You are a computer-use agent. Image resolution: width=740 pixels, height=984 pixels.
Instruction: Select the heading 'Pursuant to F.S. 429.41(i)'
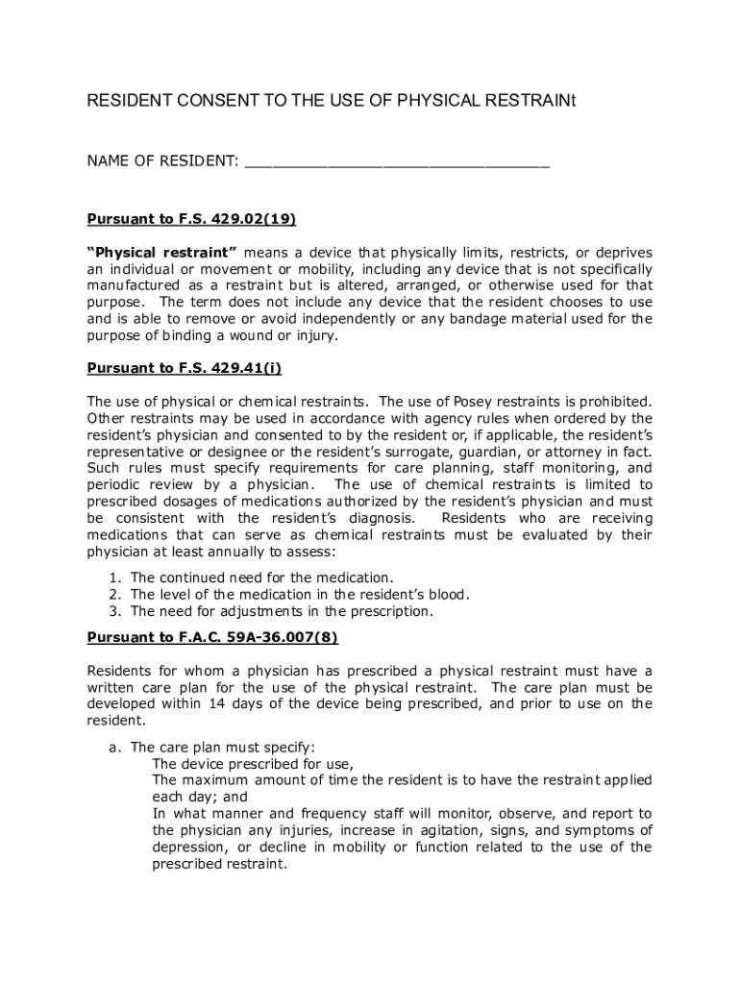[x=185, y=368]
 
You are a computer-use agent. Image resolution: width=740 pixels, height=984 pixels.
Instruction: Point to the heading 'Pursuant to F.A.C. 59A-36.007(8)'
[x=212, y=636]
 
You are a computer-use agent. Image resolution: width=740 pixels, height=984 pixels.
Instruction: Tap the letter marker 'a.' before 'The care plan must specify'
[x=113, y=747]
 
